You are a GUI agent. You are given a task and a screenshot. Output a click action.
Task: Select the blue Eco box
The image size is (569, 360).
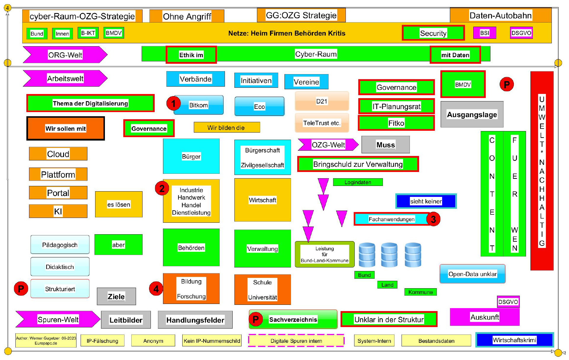pyautogui.click(x=259, y=106)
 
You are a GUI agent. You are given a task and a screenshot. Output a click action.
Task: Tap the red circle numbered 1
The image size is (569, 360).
pyautogui.click(x=173, y=103)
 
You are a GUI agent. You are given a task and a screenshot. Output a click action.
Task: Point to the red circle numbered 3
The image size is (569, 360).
pyautogui.click(x=433, y=219)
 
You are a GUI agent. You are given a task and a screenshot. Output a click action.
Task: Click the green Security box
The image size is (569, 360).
pyautogui.click(x=433, y=33)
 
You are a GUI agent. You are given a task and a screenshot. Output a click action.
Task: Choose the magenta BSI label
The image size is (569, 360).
pyautogui.click(x=485, y=33)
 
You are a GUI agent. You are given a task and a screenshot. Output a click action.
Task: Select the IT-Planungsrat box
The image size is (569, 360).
pyautogui.click(x=396, y=106)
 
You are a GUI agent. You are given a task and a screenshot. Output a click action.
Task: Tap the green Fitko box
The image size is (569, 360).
pyautogui.click(x=396, y=123)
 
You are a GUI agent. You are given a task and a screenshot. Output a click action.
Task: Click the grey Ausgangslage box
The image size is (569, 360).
pyautogui.click(x=472, y=114)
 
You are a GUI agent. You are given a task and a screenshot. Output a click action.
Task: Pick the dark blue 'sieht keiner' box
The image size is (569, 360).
pyautogui.click(x=426, y=201)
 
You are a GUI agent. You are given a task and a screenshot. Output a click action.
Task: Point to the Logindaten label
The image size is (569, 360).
pyautogui.click(x=358, y=182)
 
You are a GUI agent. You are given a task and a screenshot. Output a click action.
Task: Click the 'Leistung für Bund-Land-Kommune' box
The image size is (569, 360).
pyautogui.click(x=325, y=254)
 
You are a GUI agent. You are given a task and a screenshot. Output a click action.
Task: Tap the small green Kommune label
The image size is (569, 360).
pyautogui.click(x=420, y=292)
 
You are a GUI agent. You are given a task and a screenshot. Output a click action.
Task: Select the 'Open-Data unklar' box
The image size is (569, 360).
pyautogui.click(x=472, y=274)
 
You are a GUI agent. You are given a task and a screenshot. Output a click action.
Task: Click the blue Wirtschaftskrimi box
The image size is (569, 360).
pyautogui.click(x=514, y=340)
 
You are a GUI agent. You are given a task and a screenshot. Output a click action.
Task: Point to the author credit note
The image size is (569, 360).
pyautogui.click(x=46, y=340)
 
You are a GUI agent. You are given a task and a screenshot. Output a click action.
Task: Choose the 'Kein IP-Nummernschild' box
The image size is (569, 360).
pyautogui.click(x=212, y=341)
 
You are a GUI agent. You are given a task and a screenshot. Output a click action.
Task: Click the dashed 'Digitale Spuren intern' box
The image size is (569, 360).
pyautogui.click(x=296, y=341)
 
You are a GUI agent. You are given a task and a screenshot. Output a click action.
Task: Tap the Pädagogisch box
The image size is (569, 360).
pyautogui.click(x=60, y=245)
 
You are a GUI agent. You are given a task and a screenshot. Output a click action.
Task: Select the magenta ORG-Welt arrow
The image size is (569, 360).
pyautogui.click(x=65, y=55)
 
